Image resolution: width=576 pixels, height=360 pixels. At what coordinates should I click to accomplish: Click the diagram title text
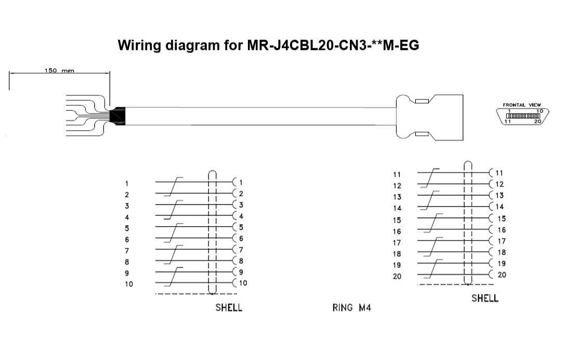pyautogui.click(x=268, y=45)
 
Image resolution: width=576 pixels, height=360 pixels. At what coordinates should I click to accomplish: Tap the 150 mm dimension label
pyautogui.click(x=59, y=70)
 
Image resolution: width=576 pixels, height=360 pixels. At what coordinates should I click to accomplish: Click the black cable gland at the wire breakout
pyautogui.click(x=117, y=116)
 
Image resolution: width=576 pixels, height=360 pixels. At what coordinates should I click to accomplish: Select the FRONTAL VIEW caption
pyautogui.click(x=521, y=105)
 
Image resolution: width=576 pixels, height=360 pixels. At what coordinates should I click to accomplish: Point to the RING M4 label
pyautogui.click(x=352, y=307)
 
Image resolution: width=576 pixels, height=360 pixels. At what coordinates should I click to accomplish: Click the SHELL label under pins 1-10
pyautogui.click(x=229, y=307)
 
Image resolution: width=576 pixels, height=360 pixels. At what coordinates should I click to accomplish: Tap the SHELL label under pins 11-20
pyautogui.click(x=485, y=298)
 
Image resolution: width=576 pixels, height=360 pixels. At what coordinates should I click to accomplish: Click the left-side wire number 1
pyautogui.click(x=127, y=184)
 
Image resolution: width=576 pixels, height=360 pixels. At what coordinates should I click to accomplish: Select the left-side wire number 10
pyautogui.click(x=128, y=284)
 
